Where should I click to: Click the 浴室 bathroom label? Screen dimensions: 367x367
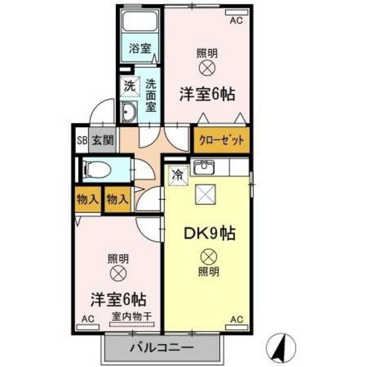tap(140, 48)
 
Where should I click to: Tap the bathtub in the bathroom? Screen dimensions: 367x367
tap(140, 21)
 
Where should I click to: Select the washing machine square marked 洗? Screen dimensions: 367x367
tap(130, 86)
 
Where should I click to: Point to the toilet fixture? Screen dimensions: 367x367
tap(98, 170)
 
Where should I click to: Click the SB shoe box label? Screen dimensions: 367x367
tap(82, 141)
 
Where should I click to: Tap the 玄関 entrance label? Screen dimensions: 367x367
tap(103, 140)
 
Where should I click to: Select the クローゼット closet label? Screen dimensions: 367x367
tap(222, 140)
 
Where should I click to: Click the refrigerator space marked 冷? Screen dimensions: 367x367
tap(178, 175)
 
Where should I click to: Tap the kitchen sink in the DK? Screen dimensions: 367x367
tap(204, 167)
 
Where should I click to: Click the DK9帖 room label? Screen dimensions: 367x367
tap(210, 233)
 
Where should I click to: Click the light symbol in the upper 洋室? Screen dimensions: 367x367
tap(207, 68)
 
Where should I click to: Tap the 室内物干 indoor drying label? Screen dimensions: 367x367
tap(132, 317)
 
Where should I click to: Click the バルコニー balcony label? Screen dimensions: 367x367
tap(162, 347)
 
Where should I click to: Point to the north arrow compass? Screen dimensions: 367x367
tap(281, 348)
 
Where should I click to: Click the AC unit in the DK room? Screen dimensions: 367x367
tap(237, 328)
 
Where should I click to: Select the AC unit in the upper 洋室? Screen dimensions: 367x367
tap(237, 12)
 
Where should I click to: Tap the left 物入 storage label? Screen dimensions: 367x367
tap(87, 200)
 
